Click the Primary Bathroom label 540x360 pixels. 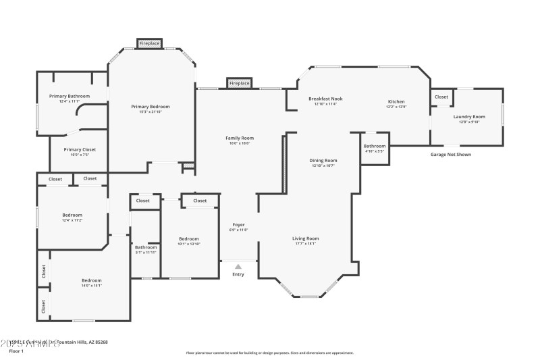click(70, 97)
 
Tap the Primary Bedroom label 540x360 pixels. click(150, 107)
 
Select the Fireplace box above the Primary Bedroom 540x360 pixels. click(150, 43)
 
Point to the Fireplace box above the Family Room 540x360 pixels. click(239, 83)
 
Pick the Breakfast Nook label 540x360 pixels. click(325, 99)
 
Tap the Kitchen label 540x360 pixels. click(396, 101)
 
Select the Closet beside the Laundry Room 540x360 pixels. click(441, 97)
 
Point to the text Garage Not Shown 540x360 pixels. click(451, 155)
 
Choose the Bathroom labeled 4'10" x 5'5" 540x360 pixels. click(375, 147)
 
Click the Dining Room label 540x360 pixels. click(323, 161)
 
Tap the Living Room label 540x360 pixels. click(305, 238)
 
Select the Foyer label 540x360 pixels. click(239, 224)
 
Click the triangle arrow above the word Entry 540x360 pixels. click(238, 267)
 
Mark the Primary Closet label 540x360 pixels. click(80, 149)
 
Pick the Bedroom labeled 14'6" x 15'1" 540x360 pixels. click(92, 280)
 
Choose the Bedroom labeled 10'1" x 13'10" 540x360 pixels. click(189, 238)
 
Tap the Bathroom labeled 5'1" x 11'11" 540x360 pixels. click(146, 247)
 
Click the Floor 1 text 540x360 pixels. click(16, 351)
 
